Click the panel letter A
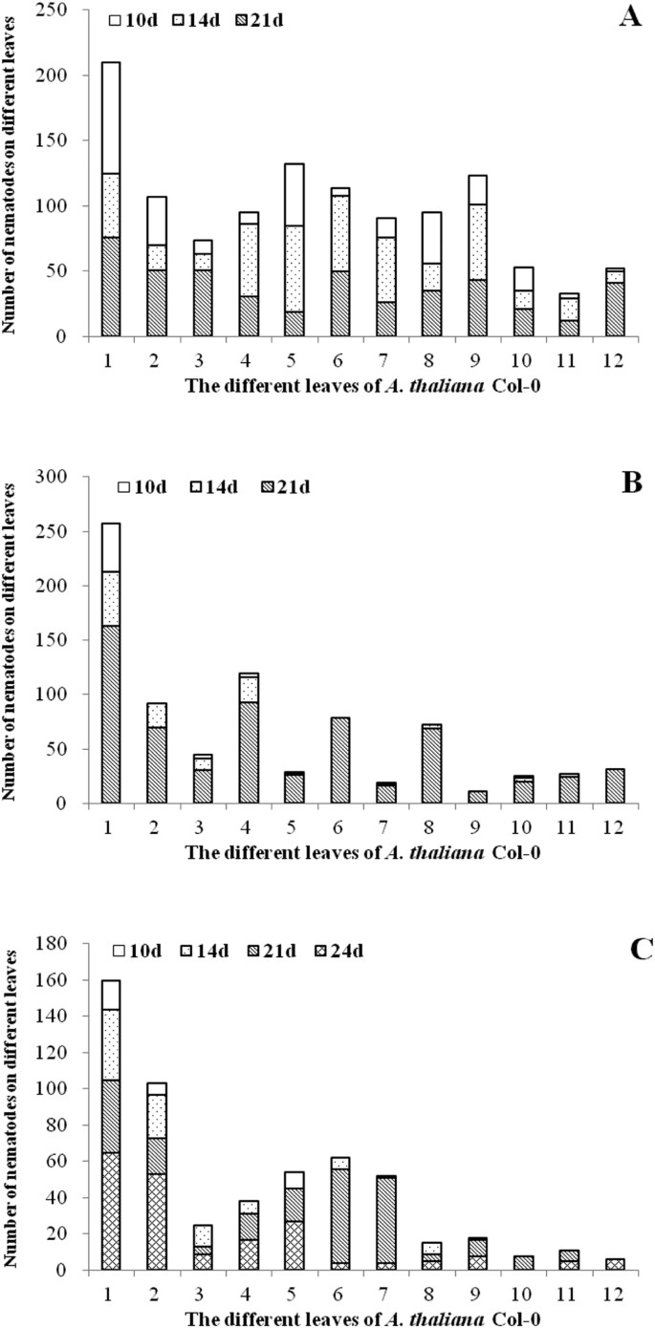[x=628, y=16]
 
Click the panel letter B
[x=628, y=482]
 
